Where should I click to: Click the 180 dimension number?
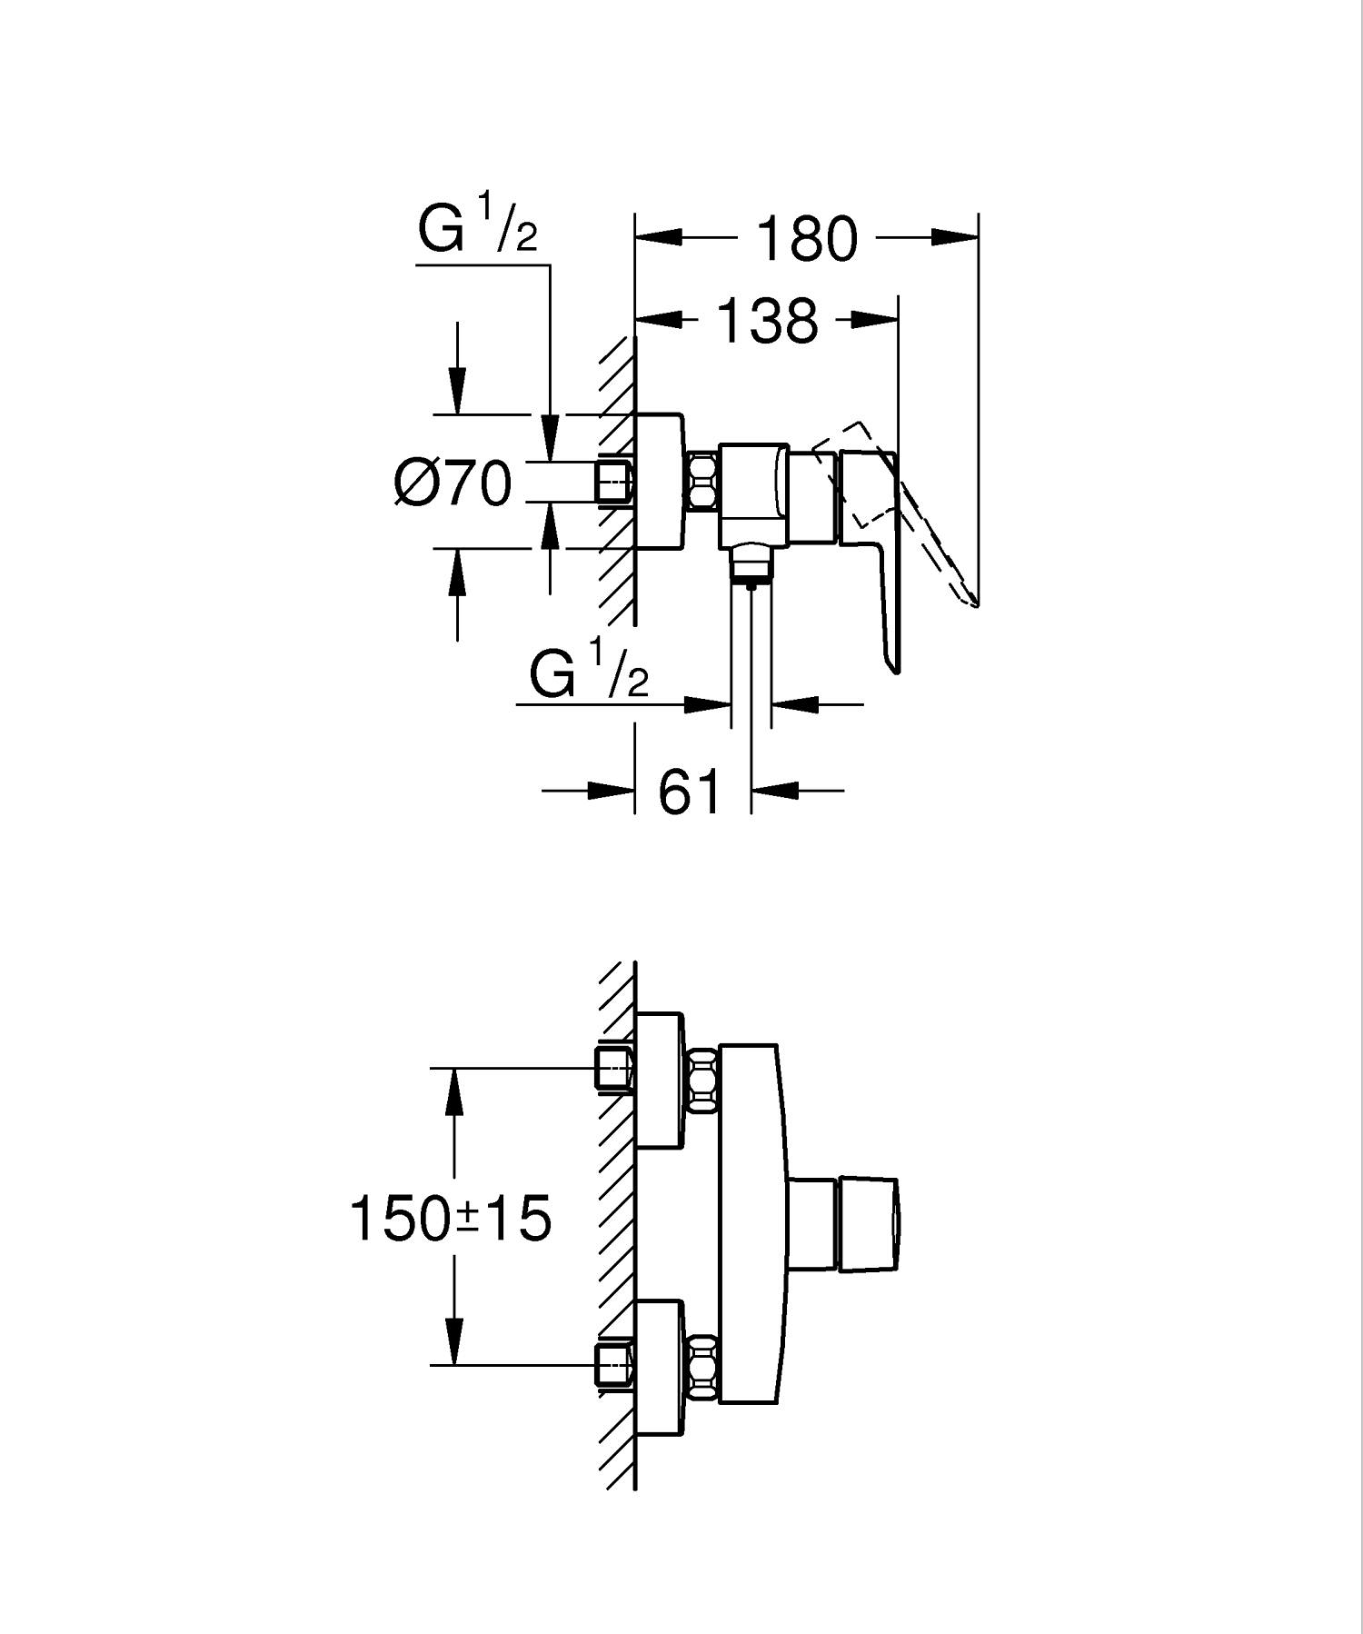(806, 239)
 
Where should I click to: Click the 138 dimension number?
(768, 321)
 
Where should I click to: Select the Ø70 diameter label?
(453, 483)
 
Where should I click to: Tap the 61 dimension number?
(690, 792)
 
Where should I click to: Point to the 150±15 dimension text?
(451, 1219)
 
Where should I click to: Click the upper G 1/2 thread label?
(478, 228)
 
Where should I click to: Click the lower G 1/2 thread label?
(589, 674)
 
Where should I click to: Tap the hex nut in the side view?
(704, 481)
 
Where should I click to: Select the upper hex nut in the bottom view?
(703, 1079)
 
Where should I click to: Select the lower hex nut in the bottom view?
(703, 1367)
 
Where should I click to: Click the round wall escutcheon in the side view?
(660, 482)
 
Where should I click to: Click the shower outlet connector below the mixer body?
(751, 561)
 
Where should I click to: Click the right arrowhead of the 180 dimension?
(955, 238)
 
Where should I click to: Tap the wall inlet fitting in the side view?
(614, 481)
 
